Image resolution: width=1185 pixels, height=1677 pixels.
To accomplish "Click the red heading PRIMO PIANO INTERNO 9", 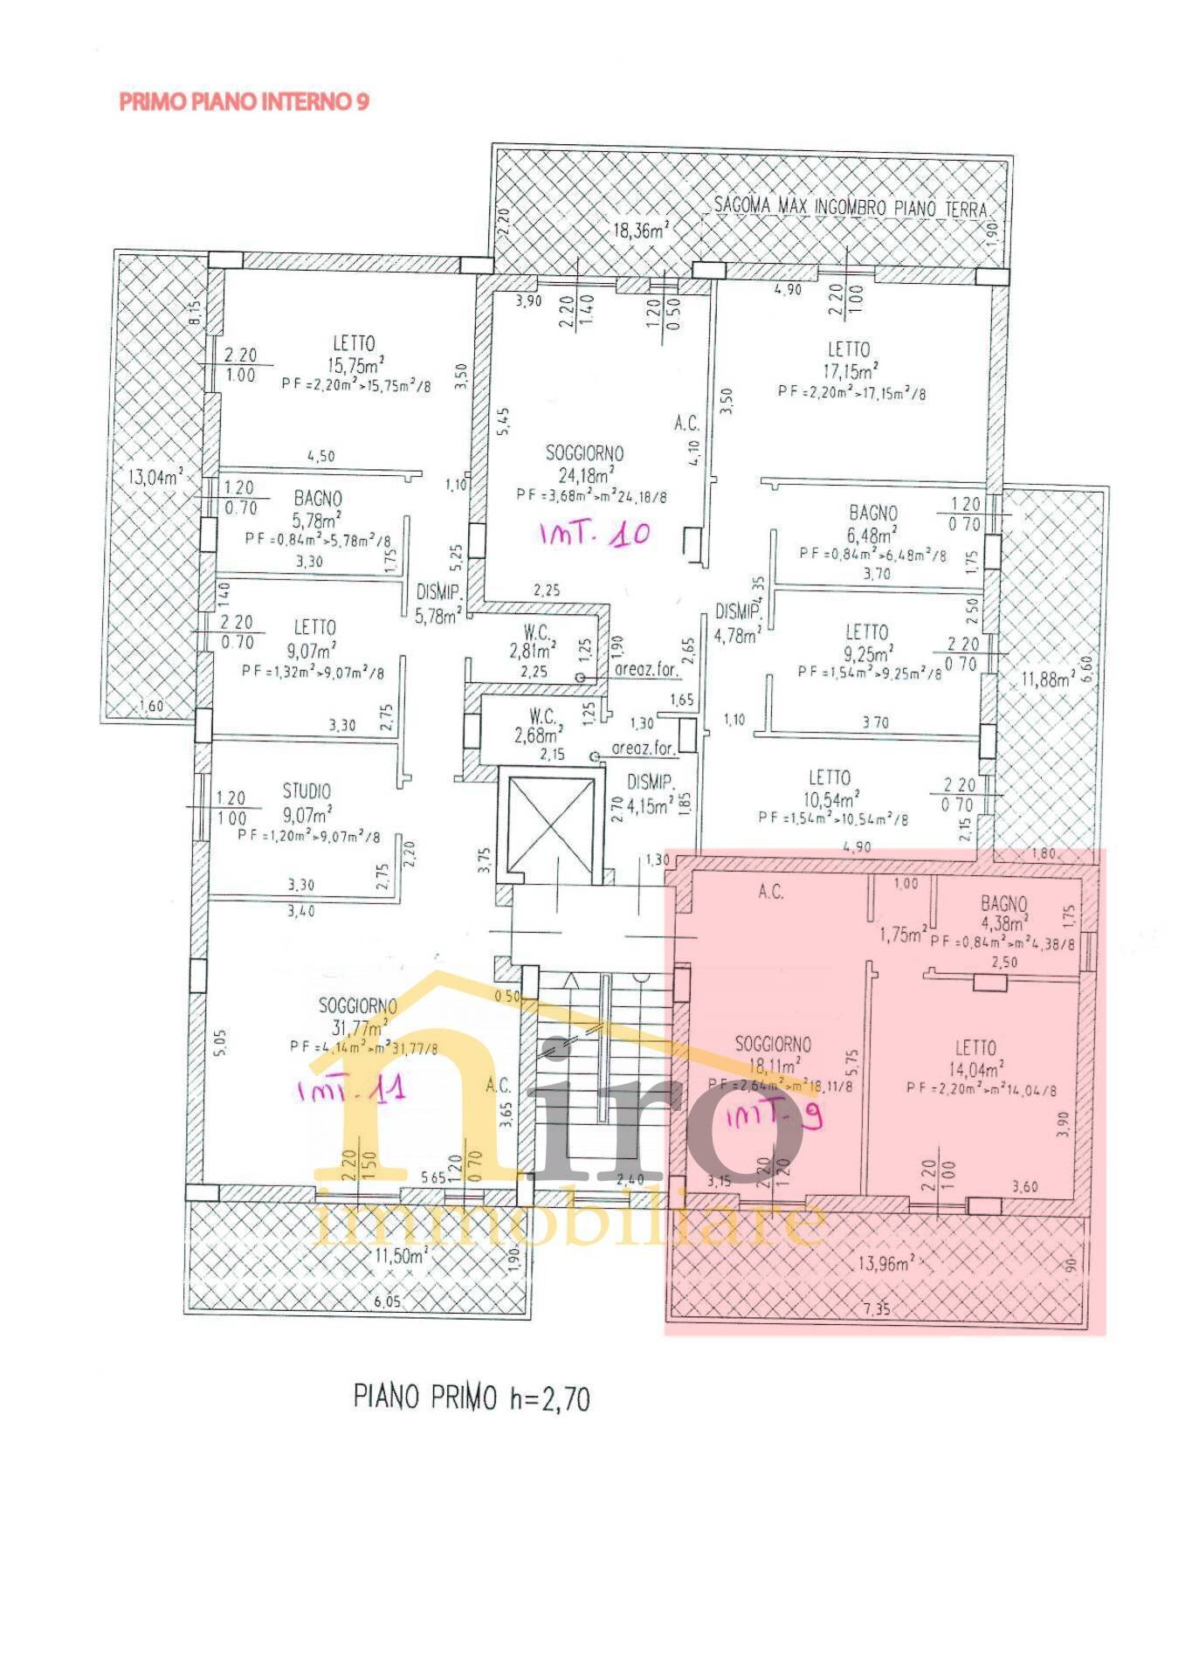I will point(245,101).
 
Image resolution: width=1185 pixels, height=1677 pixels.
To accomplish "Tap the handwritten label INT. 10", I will point(595,534).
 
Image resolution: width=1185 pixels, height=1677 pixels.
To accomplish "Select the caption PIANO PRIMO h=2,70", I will point(472,1397).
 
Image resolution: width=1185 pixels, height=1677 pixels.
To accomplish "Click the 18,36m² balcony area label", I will point(641,231).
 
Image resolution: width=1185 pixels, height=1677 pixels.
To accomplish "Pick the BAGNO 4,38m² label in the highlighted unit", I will point(1003,911).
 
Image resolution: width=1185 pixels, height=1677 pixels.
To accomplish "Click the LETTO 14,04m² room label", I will point(975,1056).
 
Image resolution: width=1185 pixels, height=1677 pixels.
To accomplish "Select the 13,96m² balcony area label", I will point(885,1262).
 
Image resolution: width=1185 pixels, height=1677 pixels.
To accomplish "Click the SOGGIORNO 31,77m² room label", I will point(358,1016).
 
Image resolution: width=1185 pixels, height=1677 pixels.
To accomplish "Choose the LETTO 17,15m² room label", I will point(849,359).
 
